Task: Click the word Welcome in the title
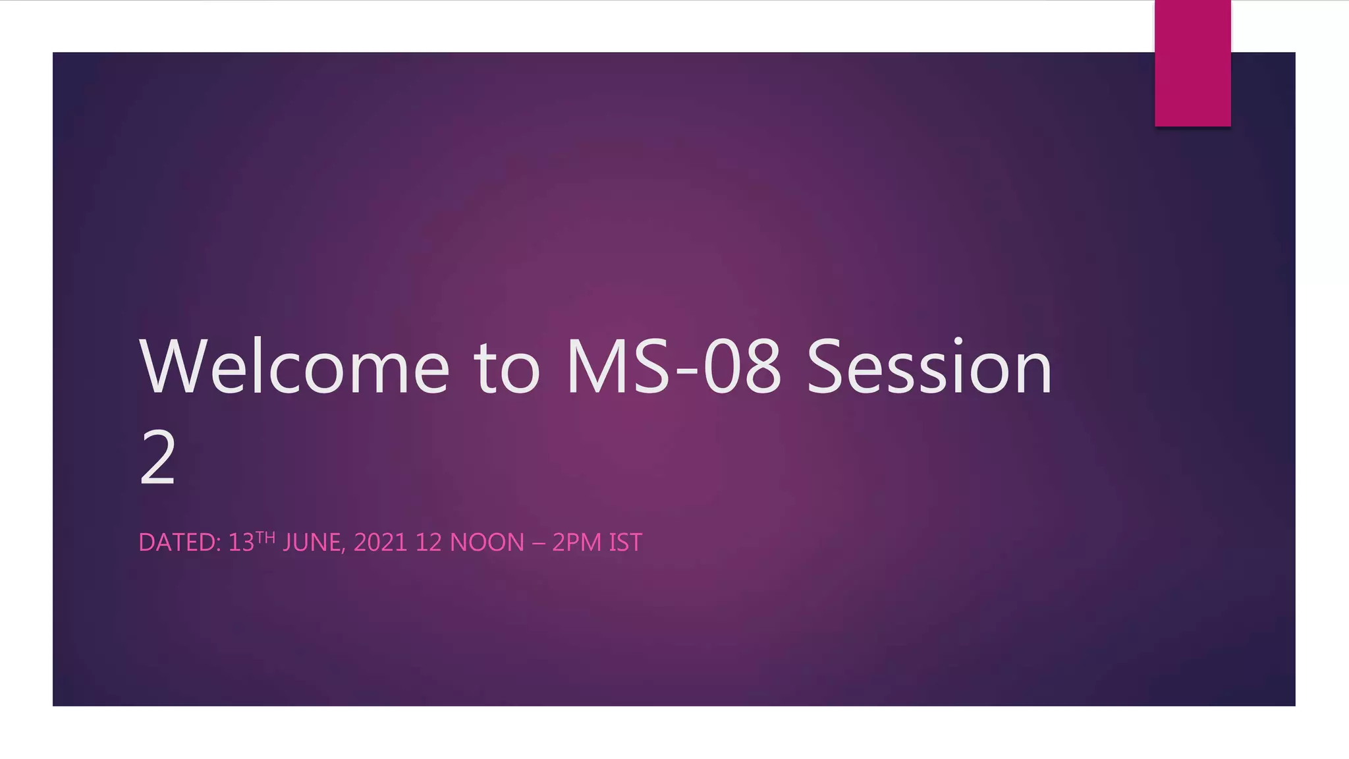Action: tap(294, 368)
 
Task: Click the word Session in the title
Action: tap(929, 368)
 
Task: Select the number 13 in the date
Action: tap(241, 543)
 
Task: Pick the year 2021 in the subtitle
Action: tap(380, 543)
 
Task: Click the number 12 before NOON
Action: tap(428, 543)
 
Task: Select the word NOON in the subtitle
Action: tap(487, 543)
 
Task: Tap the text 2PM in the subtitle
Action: tap(577, 543)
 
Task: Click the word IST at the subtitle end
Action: tap(625, 543)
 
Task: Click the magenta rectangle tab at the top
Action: tap(1192, 63)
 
